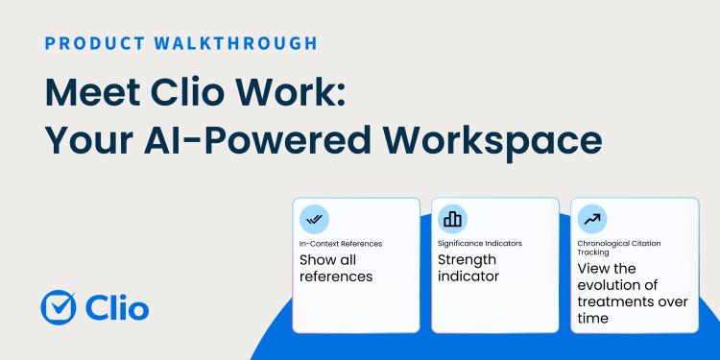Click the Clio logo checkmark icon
tap(60, 307)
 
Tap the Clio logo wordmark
tap(116, 307)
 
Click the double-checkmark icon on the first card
tap(314, 219)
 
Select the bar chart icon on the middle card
tap(452, 219)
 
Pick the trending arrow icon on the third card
tap(591, 219)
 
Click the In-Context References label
tap(340, 244)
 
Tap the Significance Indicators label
tap(480, 244)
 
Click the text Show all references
tap(335, 268)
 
